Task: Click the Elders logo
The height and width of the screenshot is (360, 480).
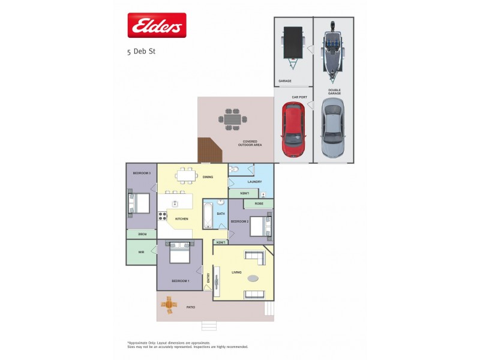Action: point(157,25)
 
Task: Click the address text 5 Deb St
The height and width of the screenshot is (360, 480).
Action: point(141,52)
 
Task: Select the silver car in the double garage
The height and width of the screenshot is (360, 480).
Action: point(333,127)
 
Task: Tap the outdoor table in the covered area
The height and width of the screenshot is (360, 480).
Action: point(232,119)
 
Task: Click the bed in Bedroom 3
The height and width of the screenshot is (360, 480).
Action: point(139,202)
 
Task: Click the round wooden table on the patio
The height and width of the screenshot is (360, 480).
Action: point(169,305)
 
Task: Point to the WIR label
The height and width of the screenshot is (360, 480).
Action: point(141,252)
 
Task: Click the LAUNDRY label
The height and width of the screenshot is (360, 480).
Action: point(254,181)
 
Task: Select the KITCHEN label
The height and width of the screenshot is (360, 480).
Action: point(181,219)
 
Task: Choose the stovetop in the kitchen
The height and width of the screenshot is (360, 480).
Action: point(162,216)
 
